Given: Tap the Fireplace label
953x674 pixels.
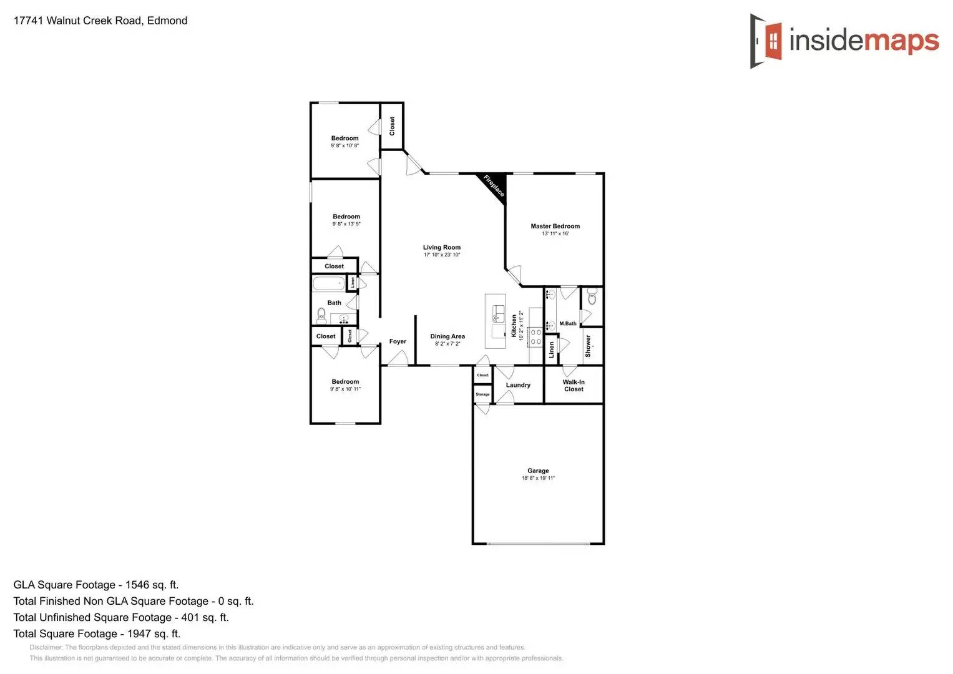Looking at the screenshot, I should tap(494, 185).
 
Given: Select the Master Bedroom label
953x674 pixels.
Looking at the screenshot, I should tap(555, 227).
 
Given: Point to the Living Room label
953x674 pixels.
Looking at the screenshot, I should tap(441, 248).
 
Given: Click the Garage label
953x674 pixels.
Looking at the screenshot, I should tap(538, 471).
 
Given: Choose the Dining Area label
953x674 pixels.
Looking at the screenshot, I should tap(447, 336).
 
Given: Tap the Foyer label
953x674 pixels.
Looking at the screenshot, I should tap(398, 341).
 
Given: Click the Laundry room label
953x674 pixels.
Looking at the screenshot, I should tap(518, 385).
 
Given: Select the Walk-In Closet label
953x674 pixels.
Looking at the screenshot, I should tap(574, 386).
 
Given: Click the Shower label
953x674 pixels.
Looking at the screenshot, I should tap(588, 346).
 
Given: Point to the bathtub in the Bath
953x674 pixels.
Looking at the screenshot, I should tap(328, 284).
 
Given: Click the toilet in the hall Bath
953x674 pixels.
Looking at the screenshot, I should tap(321, 315).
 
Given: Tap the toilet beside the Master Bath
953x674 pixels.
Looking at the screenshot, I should tap(592, 297).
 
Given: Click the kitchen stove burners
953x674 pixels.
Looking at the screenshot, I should tap(535, 337).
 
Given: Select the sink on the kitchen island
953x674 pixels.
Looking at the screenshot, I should tap(498, 313).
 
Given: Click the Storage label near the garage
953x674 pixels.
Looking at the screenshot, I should tap(482, 394).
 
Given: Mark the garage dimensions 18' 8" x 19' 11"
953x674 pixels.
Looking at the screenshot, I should tap(538, 479).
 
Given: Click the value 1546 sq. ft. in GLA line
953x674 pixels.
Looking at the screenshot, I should tap(152, 585).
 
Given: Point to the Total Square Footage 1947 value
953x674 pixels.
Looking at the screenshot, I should tap(154, 633).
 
